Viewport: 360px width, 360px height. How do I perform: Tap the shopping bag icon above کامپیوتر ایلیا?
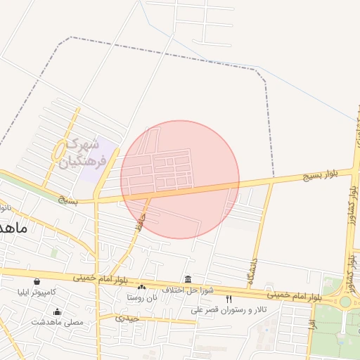(x=37, y=282)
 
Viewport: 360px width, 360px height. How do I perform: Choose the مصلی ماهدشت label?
(x=57, y=321)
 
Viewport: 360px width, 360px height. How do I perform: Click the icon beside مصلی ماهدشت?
(x=57, y=311)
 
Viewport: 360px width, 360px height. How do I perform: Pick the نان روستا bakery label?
(x=142, y=297)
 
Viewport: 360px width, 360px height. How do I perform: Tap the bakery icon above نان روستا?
(x=142, y=288)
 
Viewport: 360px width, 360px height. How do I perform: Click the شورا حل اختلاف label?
(x=187, y=290)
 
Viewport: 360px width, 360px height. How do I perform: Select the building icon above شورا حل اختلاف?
(x=187, y=279)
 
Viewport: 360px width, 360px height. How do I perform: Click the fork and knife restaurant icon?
(x=229, y=300)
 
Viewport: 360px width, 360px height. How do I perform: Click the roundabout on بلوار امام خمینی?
(x=345, y=302)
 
